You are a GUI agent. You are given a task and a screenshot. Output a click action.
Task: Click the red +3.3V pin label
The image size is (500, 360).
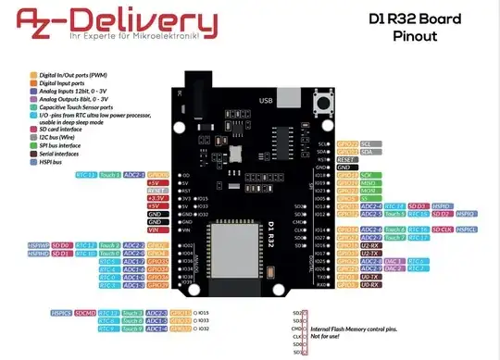tap(156, 198)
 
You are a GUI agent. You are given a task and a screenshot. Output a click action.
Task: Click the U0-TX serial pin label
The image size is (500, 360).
tap(369, 276)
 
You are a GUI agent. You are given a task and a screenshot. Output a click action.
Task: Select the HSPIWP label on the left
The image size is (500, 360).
tap(38, 245)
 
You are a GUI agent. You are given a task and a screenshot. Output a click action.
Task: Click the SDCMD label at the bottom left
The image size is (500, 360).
tap(86, 313)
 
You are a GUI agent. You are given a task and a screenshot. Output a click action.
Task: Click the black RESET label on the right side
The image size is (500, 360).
tap(347, 159)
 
